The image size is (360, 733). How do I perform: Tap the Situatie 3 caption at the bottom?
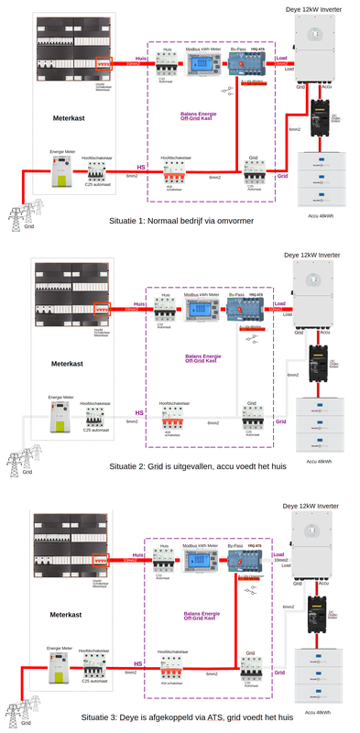pyautogui.click(x=180, y=717)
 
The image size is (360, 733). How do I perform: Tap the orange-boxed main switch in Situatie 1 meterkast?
pyautogui.click(x=103, y=64)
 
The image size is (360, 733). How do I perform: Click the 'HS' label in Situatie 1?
pyautogui.click(x=140, y=168)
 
